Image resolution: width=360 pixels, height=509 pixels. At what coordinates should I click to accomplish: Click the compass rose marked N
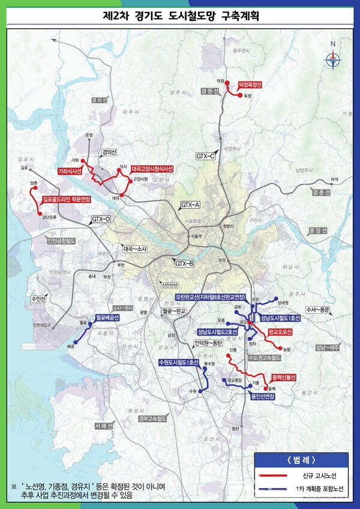tap(332, 58)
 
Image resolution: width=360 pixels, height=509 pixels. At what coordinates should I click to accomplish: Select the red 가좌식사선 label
tap(70, 171)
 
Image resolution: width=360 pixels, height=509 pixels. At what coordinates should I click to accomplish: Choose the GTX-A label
tap(190, 205)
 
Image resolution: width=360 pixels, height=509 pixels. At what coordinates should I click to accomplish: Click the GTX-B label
tap(184, 264)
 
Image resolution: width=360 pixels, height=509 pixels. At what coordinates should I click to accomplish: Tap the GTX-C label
tap(206, 156)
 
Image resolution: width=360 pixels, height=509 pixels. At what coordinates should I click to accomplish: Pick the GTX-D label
tap(101, 220)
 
